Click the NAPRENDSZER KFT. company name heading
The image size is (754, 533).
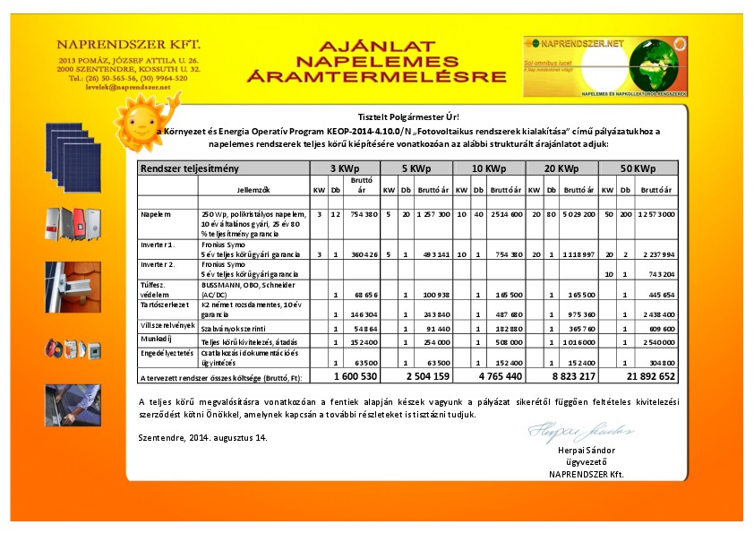pyautogui.click(x=128, y=44)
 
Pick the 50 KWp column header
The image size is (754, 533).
pyautogui.click(x=637, y=168)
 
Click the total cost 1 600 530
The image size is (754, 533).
pyautogui.click(x=345, y=377)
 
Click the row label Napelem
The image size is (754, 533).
pyautogui.click(x=156, y=215)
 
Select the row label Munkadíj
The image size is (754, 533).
pyautogui.click(x=156, y=341)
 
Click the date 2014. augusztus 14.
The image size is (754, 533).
pyautogui.click(x=203, y=437)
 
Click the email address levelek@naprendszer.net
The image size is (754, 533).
pyautogui.click(x=128, y=87)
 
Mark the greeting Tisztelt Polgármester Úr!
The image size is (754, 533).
pyautogui.click(x=407, y=117)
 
